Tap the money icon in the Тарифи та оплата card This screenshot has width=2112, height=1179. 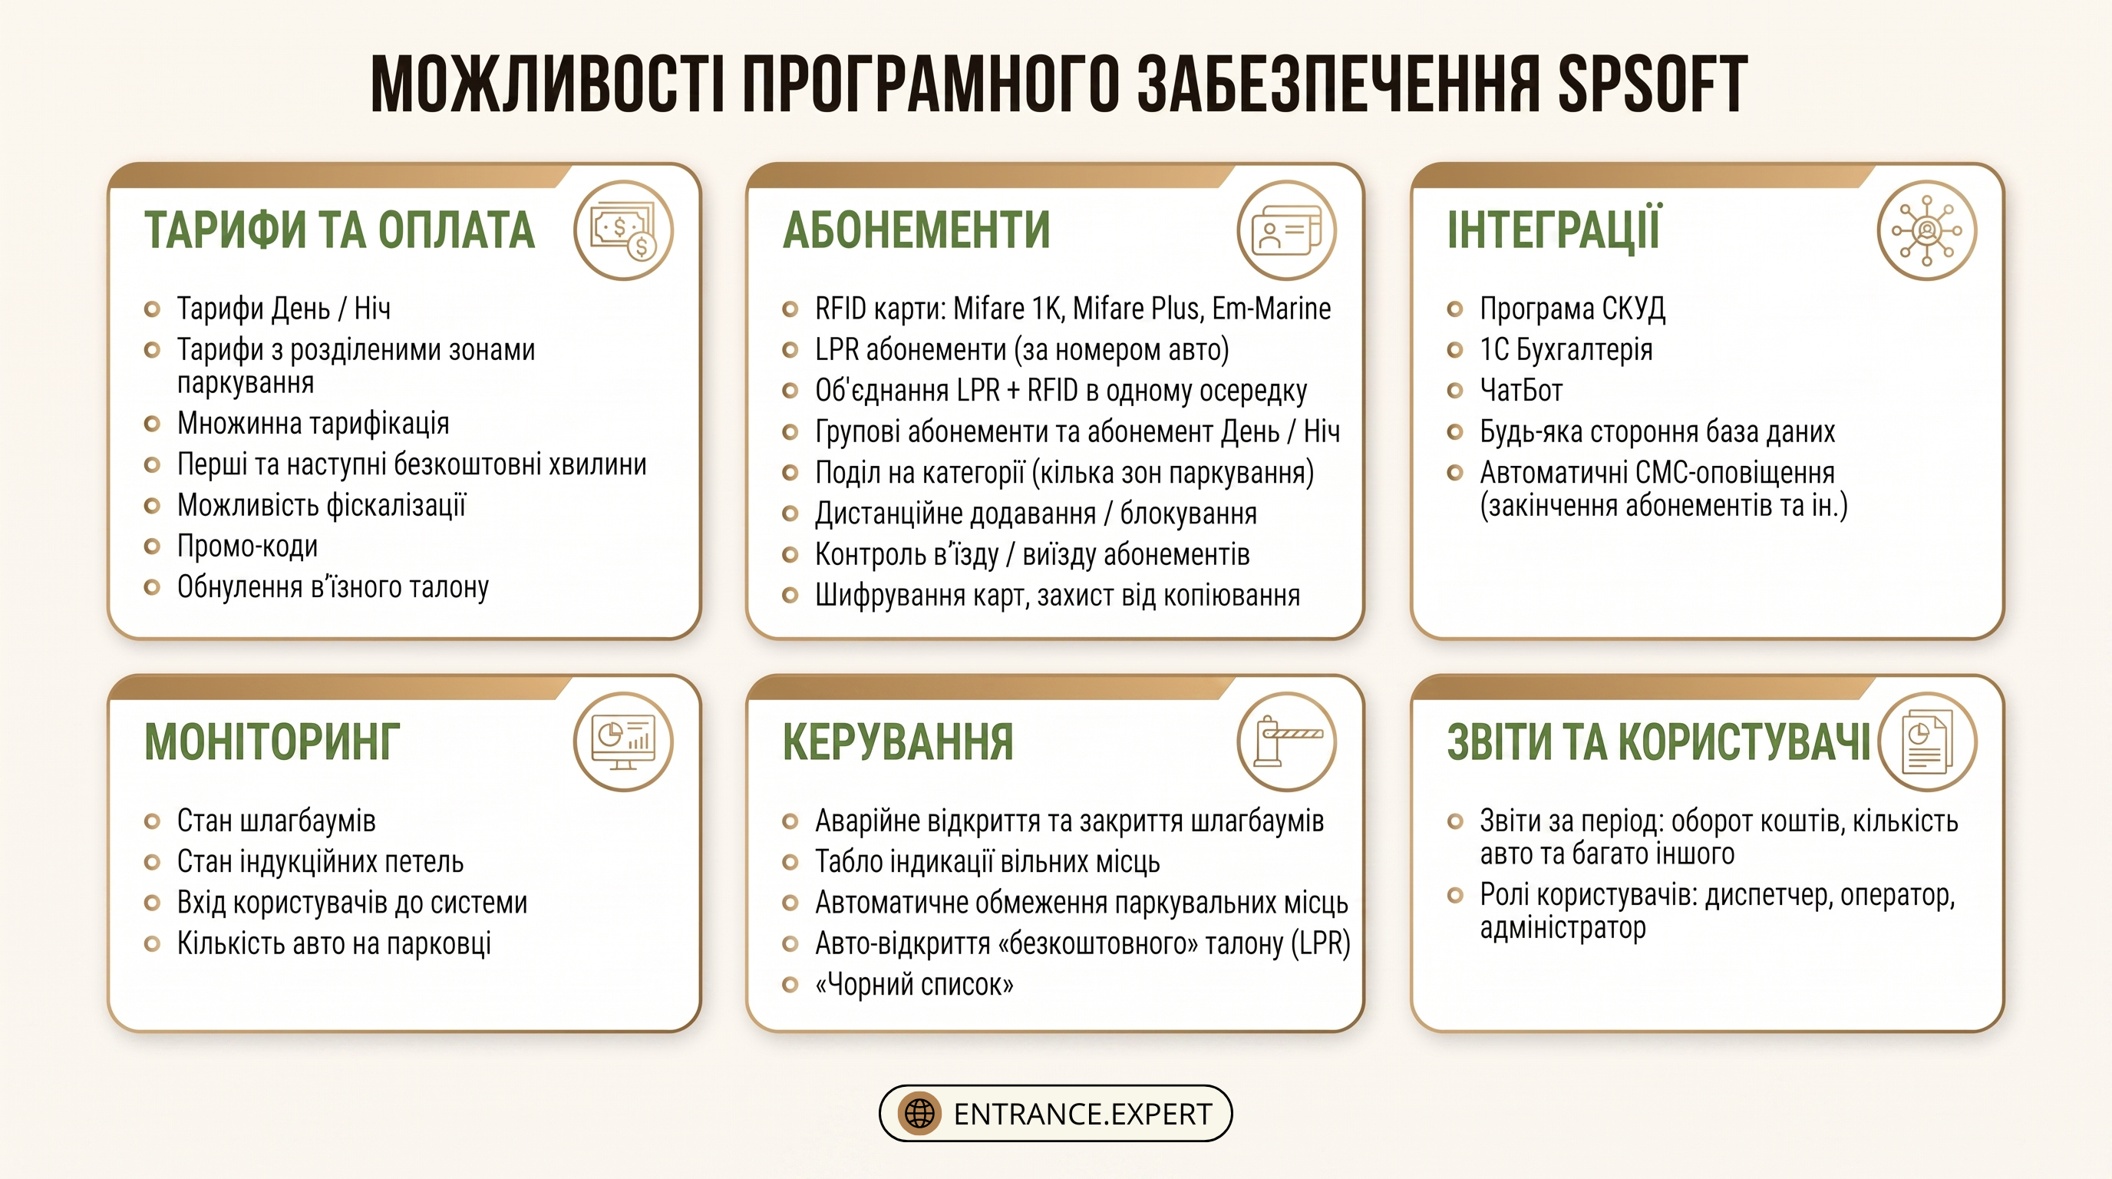tap(624, 230)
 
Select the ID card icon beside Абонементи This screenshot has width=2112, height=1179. tap(1287, 230)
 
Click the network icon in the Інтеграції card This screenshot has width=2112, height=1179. tap(1927, 230)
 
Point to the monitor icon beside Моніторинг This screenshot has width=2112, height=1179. tap(624, 741)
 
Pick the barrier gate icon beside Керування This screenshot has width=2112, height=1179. tap(1287, 741)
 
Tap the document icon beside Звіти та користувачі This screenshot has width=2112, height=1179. tap(1928, 741)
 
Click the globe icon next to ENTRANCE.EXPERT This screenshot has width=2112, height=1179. tap(919, 1114)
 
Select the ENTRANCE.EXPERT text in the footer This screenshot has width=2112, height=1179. tap(1082, 1115)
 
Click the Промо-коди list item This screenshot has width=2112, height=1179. tap(248, 546)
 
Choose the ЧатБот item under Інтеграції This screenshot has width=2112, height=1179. tap(1521, 390)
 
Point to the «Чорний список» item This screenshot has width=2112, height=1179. tap(914, 984)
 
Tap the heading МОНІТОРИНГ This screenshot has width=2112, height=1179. tap(272, 742)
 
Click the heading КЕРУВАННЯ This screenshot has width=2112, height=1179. tap(898, 742)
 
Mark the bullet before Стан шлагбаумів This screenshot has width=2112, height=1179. tap(152, 821)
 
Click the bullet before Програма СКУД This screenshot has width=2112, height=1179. tap(1455, 309)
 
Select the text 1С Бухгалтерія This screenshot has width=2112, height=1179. tap(1566, 349)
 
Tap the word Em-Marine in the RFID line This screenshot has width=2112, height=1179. tap(1272, 309)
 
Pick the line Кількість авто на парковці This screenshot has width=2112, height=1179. tap(334, 943)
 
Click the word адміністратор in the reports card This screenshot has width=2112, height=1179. tap(1563, 928)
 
